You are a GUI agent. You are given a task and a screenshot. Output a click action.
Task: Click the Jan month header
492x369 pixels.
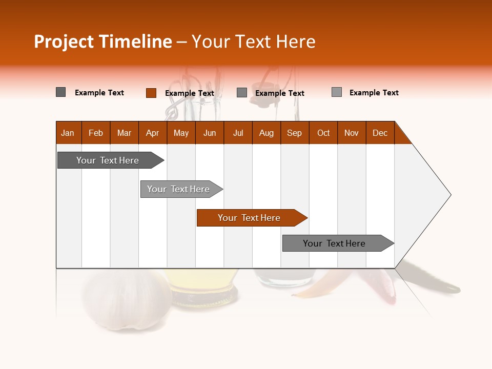point(68,133)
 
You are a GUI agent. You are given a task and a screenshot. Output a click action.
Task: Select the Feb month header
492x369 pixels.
point(96,133)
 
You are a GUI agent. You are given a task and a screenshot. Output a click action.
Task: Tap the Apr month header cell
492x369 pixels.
point(153,133)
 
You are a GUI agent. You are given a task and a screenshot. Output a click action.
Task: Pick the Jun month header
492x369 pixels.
point(210,133)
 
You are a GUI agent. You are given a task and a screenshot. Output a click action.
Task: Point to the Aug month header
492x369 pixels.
point(266,133)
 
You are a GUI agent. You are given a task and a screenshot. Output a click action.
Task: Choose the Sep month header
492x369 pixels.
point(295,133)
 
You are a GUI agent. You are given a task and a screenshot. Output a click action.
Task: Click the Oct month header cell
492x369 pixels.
point(323,133)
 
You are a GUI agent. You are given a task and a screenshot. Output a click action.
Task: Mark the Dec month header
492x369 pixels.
point(380,133)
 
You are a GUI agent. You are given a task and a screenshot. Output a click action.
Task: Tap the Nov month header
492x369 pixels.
point(352,133)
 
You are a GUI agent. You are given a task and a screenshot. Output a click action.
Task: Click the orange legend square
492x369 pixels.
point(151,93)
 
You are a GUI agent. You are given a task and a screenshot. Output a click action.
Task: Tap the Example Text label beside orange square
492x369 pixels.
point(190,93)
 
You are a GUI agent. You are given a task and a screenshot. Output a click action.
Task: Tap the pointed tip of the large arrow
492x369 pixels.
point(450,194)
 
